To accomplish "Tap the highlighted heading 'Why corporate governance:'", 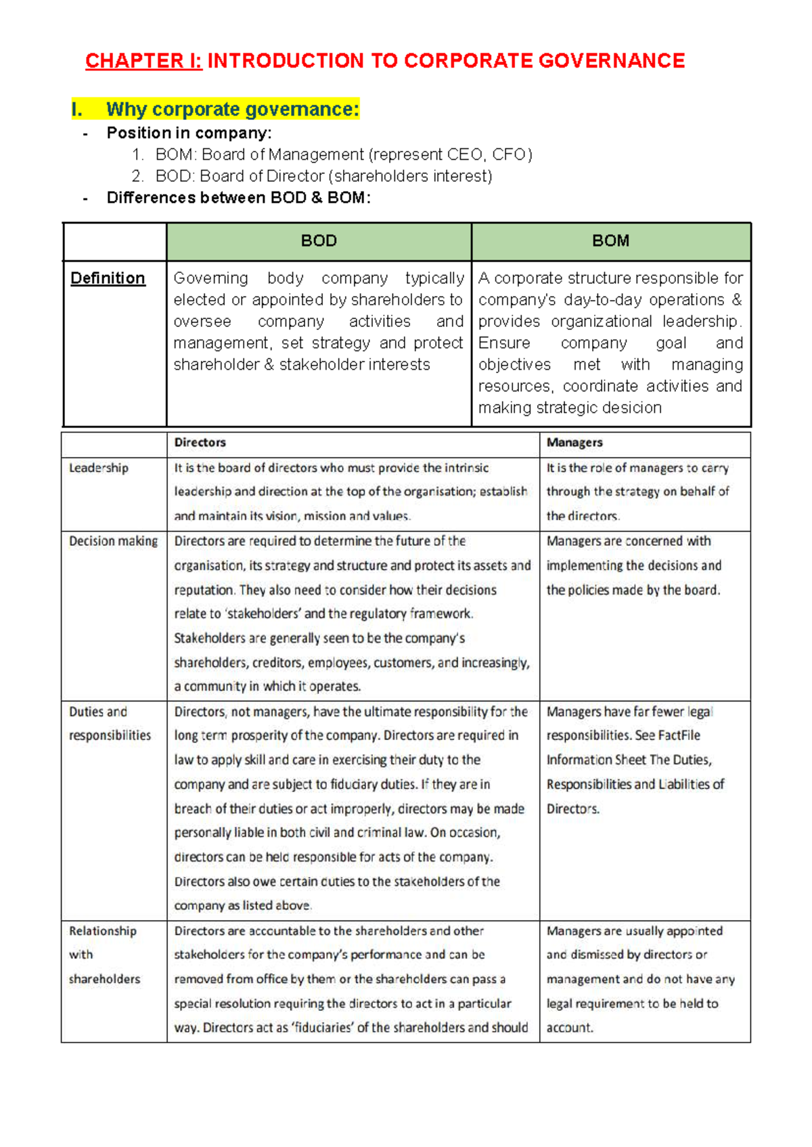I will click(232, 109).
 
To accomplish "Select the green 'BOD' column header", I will click(319, 241).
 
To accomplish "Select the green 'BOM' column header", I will click(610, 241).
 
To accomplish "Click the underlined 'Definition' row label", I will click(108, 278).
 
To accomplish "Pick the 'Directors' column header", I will click(200, 443).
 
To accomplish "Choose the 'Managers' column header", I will click(574, 443).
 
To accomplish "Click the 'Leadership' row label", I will click(98, 468).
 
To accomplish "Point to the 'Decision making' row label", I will click(113, 541).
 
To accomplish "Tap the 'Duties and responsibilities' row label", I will click(109, 723).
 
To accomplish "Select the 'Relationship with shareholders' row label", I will click(104, 955).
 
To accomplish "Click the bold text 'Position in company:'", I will click(189, 133).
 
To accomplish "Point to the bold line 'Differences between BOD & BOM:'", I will click(238, 198).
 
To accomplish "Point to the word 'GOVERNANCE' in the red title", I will click(612, 61).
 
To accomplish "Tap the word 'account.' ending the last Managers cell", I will click(570, 1027).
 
